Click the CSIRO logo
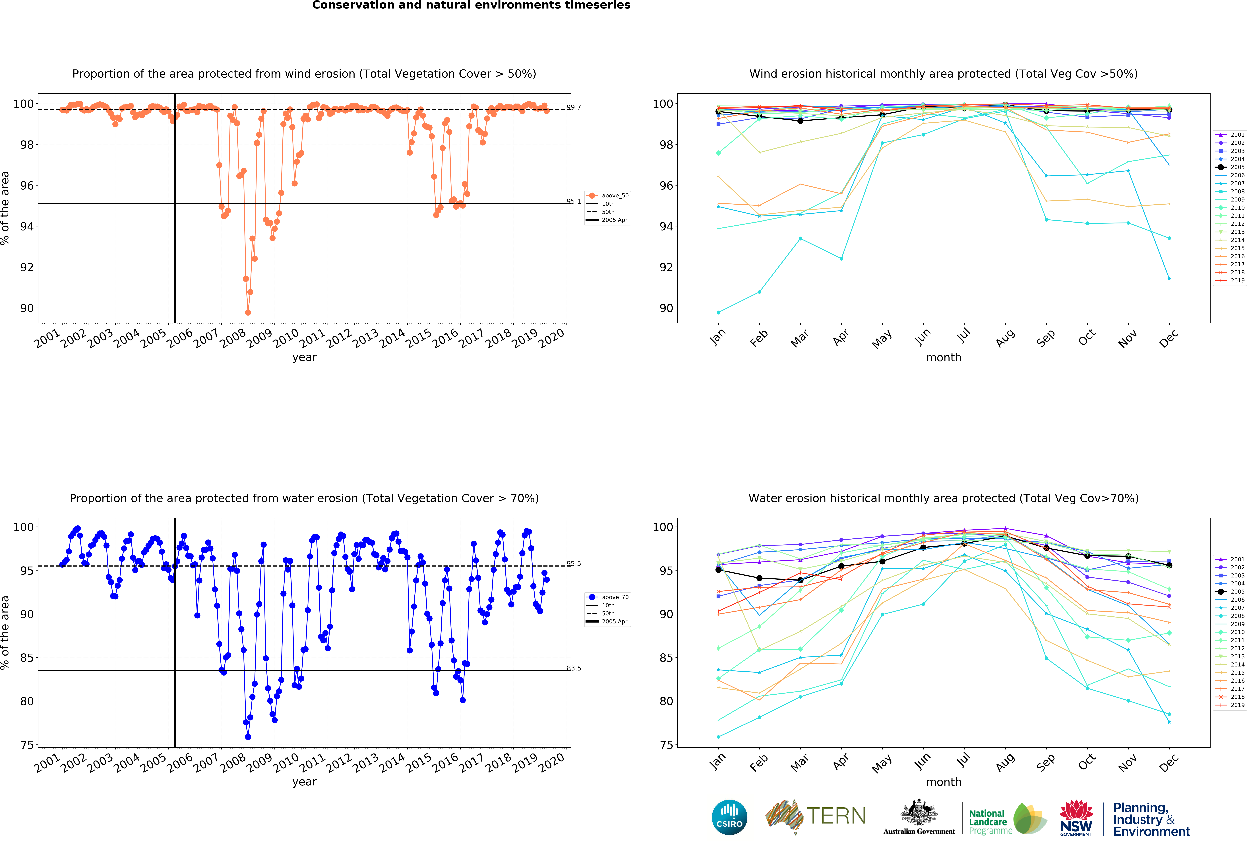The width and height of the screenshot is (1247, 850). (x=729, y=817)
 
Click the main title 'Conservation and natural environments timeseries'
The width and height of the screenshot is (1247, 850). (x=471, y=5)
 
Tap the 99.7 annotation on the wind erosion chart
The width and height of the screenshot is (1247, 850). (x=574, y=107)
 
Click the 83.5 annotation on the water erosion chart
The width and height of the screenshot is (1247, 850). (x=574, y=668)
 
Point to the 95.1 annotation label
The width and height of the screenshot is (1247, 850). (x=574, y=201)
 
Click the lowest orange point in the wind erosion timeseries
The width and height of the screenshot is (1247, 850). (x=248, y=312)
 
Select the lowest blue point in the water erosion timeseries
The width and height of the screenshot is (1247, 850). (x=248, y=737)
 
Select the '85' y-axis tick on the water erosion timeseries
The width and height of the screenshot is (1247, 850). (x=27, y=658)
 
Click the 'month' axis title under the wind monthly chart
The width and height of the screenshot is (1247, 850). (x=943, y=357)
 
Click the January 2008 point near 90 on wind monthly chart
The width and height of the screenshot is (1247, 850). (x=718, y=312)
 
